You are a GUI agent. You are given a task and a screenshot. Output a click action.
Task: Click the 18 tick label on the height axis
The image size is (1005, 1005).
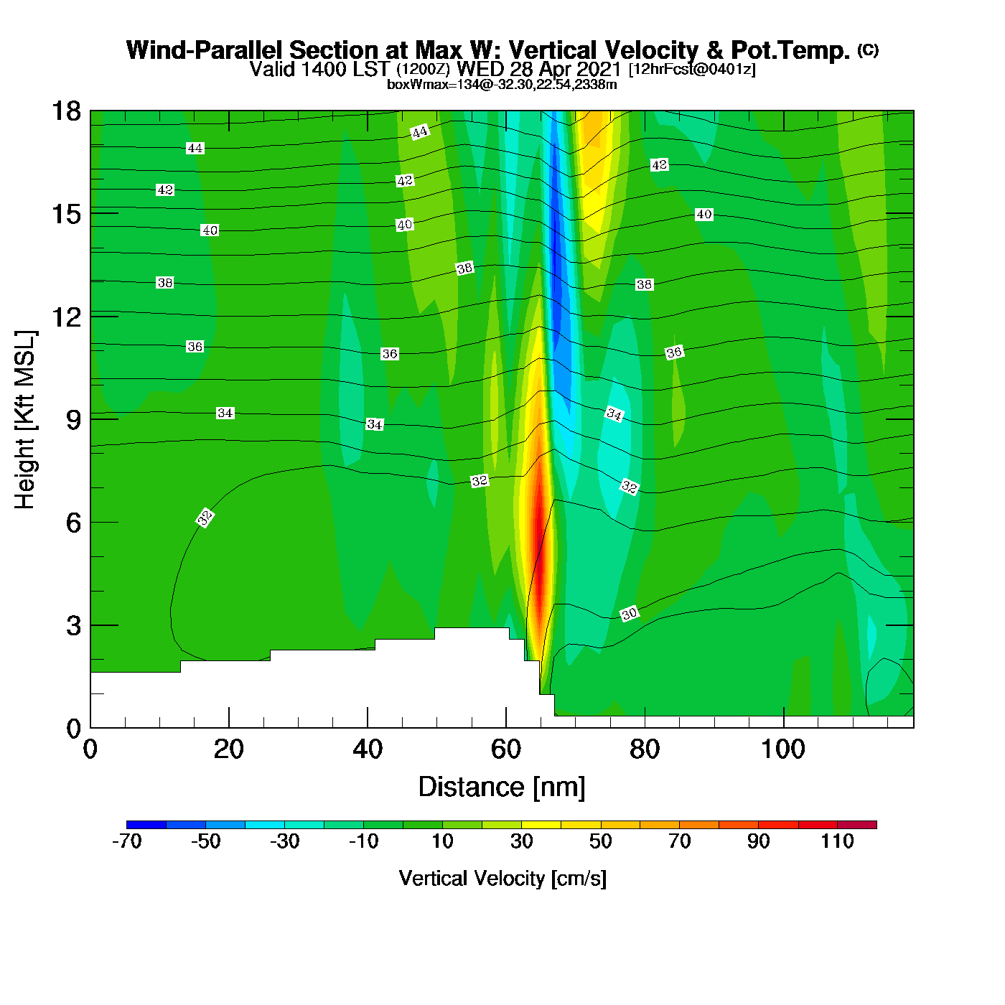point(66,111)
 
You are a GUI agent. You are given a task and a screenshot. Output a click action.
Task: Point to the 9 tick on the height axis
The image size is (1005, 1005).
point(74,420)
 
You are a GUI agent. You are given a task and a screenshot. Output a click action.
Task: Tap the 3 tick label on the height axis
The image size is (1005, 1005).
point(73,626)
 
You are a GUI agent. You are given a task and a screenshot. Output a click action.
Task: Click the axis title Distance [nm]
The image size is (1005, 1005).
point(502,787)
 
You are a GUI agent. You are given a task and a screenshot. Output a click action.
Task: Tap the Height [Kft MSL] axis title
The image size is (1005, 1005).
point(25,420)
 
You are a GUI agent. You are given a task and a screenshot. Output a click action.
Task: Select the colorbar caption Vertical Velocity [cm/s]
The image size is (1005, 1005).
point(502,879)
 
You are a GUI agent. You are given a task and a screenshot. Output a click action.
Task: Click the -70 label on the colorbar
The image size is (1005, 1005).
point(127,841)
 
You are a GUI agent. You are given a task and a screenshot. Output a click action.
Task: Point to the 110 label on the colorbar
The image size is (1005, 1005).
point(837,841)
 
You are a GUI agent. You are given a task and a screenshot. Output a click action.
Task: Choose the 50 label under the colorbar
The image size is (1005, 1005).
point(600,841)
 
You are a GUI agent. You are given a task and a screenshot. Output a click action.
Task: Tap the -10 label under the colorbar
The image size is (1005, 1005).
point(363,841)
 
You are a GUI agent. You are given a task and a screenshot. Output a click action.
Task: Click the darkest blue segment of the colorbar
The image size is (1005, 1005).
point(146,825)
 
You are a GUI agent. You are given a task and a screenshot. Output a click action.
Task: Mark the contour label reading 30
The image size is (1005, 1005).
point(629,614)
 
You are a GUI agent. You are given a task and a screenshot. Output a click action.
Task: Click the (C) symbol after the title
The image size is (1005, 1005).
point(868,50)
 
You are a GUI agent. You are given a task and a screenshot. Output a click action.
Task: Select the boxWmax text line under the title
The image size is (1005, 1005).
point(502,85)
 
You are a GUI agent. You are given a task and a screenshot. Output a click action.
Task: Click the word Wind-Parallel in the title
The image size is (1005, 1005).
point(205,50)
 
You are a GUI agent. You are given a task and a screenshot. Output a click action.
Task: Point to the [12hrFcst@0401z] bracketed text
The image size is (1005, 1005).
point(692,70)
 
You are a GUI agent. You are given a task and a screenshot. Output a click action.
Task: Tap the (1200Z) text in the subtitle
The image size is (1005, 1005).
point(424,70)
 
